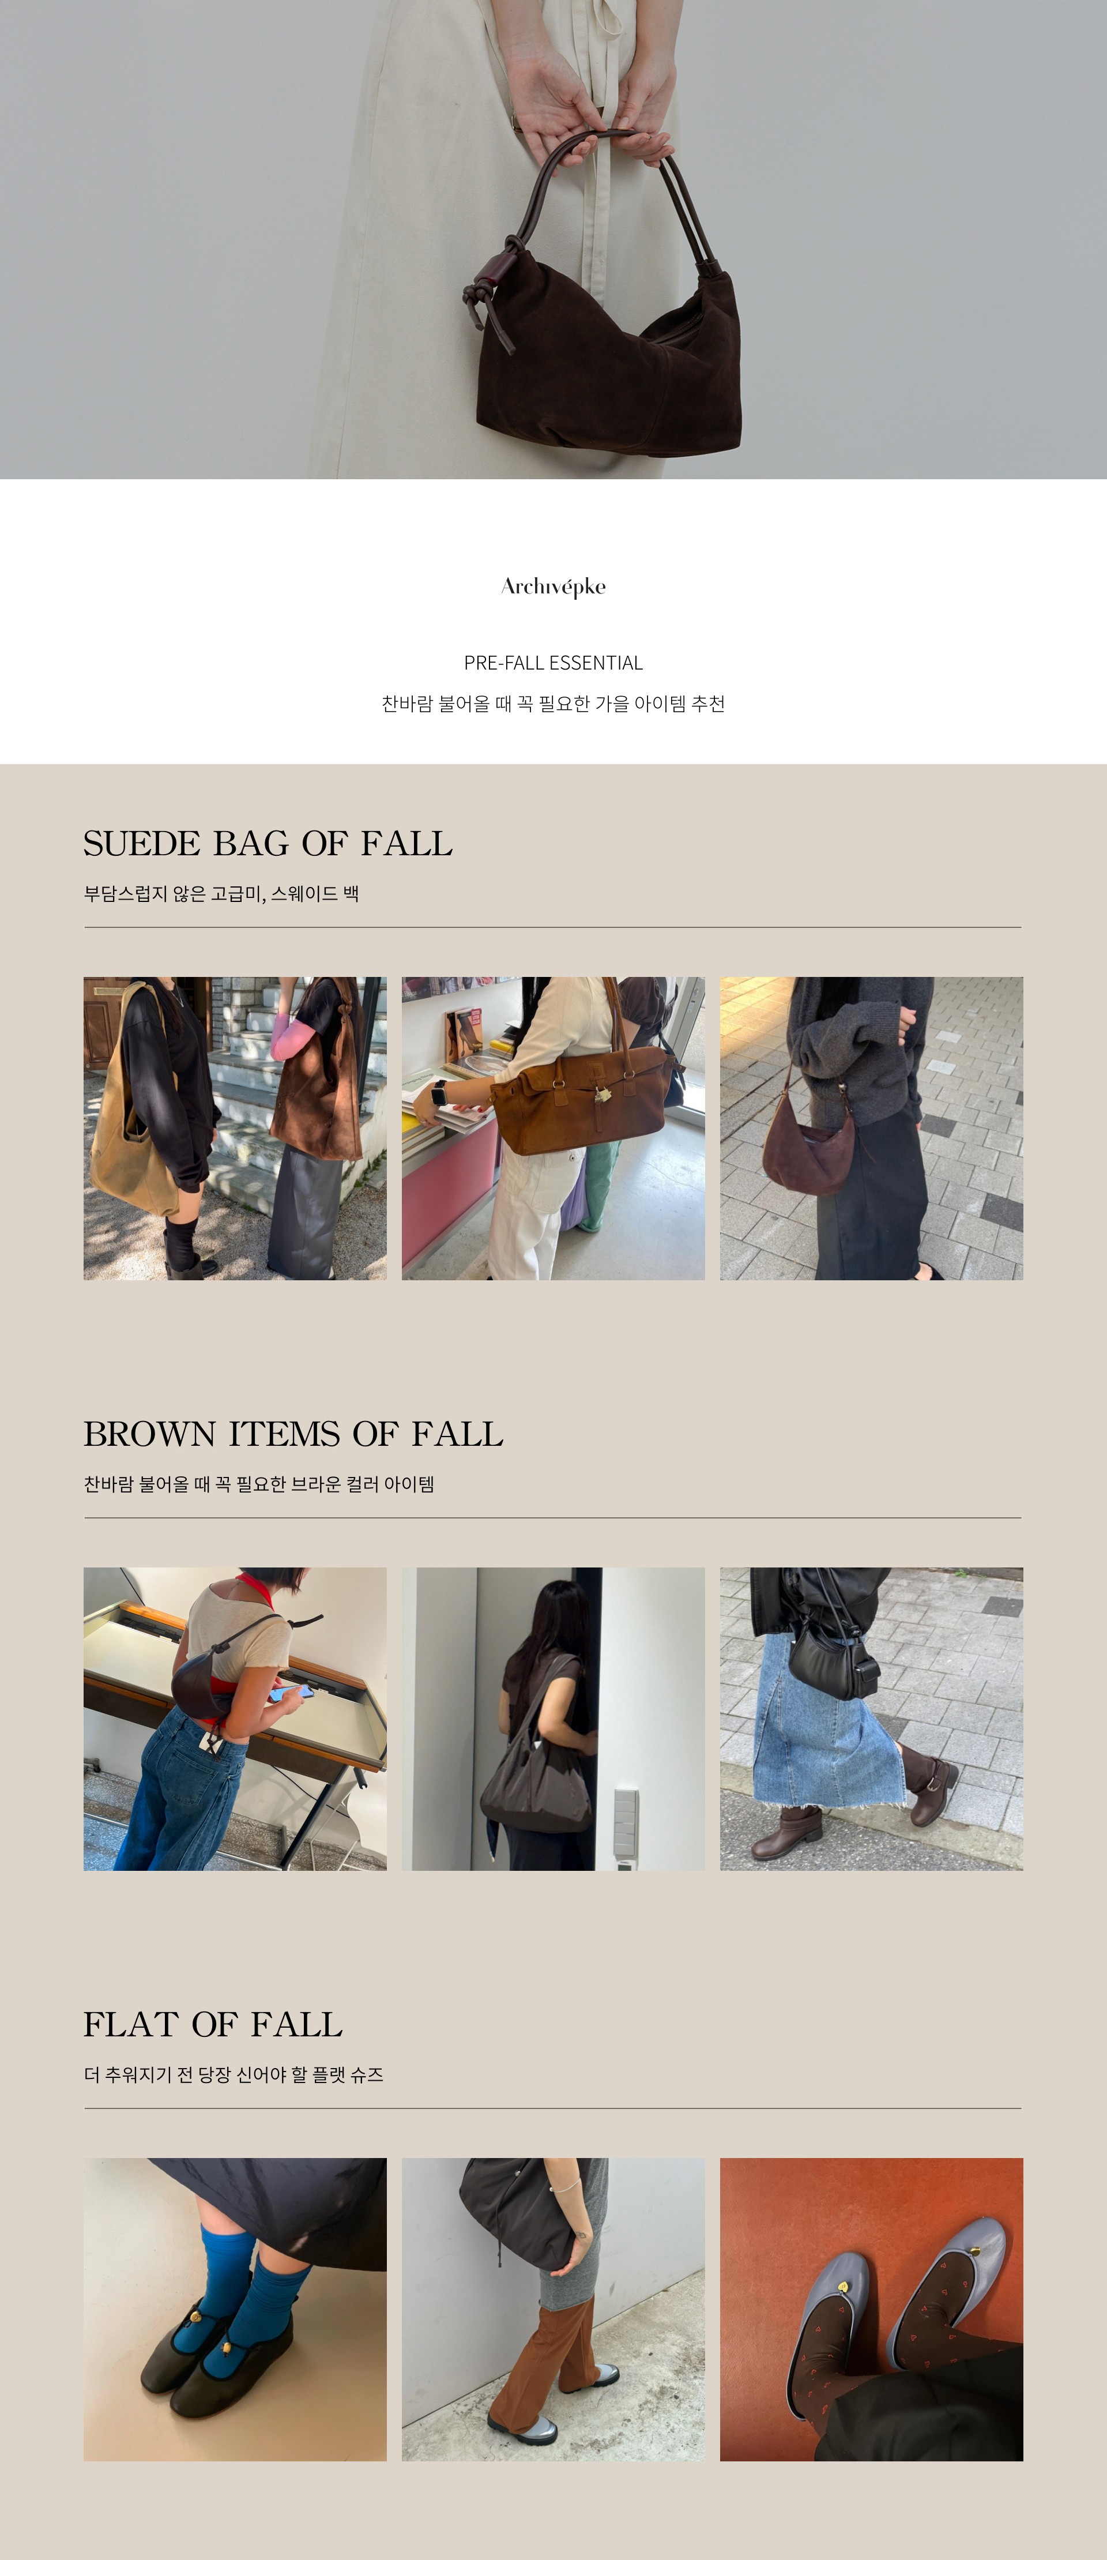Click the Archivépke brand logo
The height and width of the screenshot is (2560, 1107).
pyautogui.click(x=553, y=587)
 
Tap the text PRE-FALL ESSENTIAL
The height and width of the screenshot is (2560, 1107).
pyautogui.click(x=553, y=663)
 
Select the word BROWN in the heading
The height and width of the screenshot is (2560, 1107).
pyautogui.click(x=150, y=1434)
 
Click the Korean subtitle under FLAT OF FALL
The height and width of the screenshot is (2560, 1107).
pyautogui.click(x=234, y=2074)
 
